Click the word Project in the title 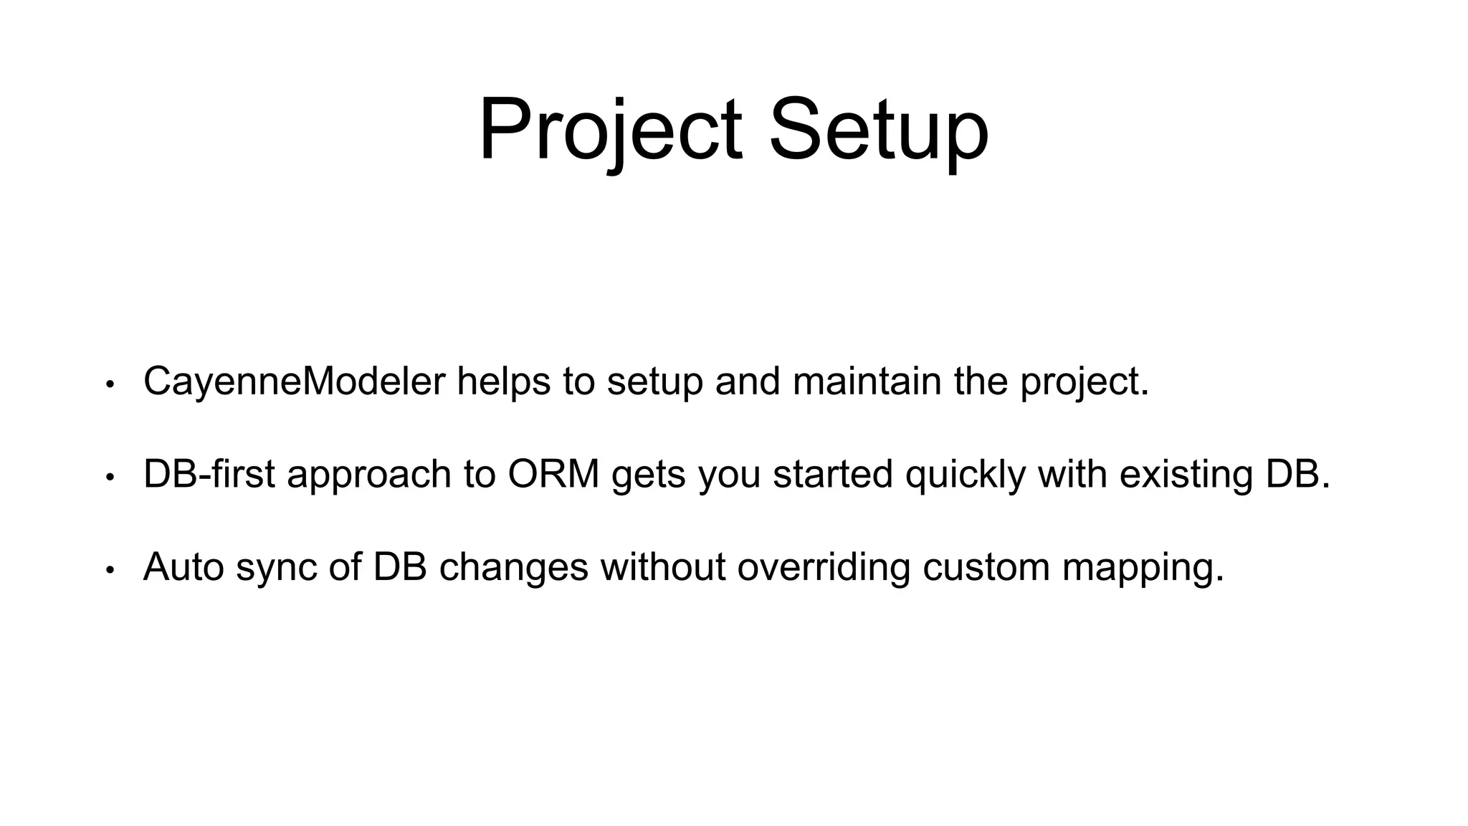click(x=610, y=132)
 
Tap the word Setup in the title click(x=878, y=132)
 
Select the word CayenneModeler click(x=294, y=381)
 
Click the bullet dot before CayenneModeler click(x=110, y=384)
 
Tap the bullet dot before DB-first click(x=110, y=478)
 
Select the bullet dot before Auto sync click(x=110, y=571)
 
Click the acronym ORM click(x=553, y=475)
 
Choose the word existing click(x=1186, y=475)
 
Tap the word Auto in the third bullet click(x=183, y=567)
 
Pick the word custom click(x=986, y=567)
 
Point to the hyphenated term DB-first click(x=209, y=475)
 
